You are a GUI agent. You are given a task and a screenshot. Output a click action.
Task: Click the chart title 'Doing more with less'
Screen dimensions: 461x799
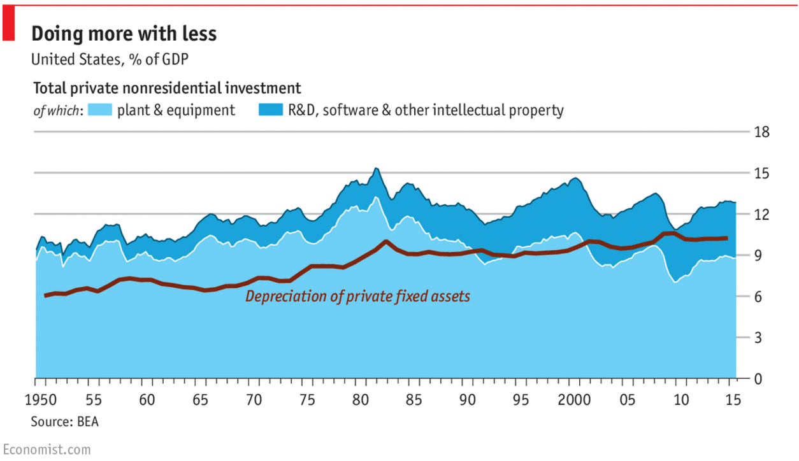click(124, 34)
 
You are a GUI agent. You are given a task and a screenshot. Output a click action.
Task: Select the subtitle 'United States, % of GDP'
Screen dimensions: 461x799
click(110, 59)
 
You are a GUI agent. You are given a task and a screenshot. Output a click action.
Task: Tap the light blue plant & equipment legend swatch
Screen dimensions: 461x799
click(99, 110)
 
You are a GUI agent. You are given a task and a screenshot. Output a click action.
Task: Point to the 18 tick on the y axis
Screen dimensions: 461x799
click(762, 133)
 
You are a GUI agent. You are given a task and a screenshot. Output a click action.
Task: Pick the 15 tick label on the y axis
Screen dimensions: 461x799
click(762, 174)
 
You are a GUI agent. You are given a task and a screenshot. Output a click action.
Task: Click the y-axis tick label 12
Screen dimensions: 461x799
click(762, 215)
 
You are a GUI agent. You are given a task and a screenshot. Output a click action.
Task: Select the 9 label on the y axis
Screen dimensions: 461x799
click(758, 255)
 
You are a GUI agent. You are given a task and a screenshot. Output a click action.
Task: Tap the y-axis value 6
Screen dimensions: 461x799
click(758, 297)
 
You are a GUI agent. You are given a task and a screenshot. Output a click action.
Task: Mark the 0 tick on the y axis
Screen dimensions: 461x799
click(758, 379)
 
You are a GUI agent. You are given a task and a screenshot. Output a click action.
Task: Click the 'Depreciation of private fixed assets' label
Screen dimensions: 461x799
click(357, 296)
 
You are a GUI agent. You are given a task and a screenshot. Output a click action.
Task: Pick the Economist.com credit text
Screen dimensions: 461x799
click(46, 450)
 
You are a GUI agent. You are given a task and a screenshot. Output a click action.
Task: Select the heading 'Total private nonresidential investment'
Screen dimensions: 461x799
click(167, 88)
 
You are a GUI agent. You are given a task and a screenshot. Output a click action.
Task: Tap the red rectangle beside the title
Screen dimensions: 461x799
click(9, 25)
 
